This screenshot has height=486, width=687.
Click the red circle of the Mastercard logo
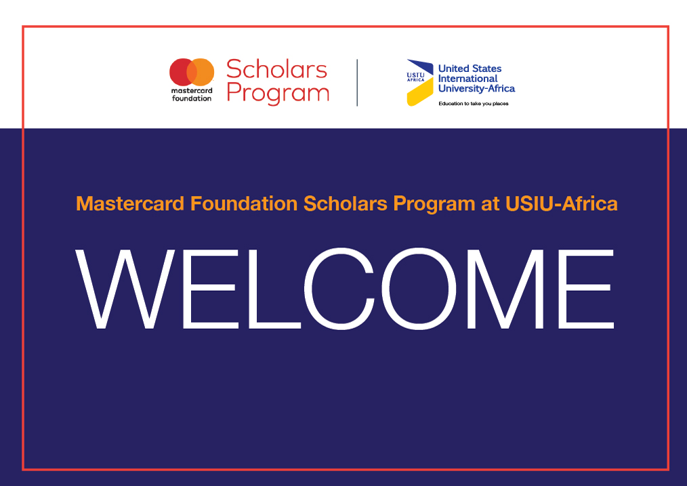180,73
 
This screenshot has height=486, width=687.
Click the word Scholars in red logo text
277,69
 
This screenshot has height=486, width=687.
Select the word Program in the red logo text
278,94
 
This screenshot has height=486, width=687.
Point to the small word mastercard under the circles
192,91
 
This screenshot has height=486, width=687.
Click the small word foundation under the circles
192,98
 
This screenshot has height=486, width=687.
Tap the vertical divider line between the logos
357,83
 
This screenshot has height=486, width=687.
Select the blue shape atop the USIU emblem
421,66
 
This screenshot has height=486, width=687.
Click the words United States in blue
470,68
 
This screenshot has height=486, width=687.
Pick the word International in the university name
468,79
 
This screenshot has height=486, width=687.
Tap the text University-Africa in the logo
477,89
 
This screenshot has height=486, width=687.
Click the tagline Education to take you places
474,104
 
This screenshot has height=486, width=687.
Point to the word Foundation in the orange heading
244,204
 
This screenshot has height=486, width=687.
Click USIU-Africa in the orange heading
561,204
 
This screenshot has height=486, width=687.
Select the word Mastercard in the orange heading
130,204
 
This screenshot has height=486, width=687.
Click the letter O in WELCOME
419,289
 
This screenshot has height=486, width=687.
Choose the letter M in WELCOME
505,289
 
